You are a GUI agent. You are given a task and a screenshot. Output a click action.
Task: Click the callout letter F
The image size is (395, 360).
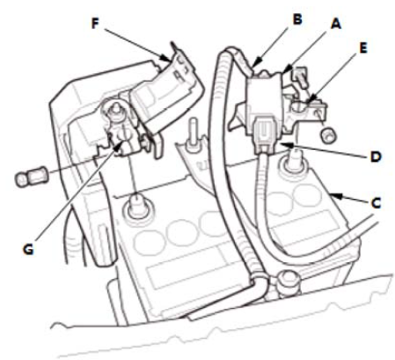[x=94, y=24]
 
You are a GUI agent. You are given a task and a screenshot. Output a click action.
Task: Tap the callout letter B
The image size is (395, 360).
[x=297, y=19]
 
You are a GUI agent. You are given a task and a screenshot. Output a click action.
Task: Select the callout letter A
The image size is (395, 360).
[x=336, y=23]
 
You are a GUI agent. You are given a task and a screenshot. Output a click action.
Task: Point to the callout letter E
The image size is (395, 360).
[x=363, y=48]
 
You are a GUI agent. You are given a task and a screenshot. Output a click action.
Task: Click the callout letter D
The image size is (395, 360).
[x=376, y=157]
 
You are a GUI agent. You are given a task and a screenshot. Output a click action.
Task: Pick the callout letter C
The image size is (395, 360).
[x=376, y=202]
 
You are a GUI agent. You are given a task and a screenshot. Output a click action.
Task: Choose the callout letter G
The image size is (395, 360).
[x=28, y=249]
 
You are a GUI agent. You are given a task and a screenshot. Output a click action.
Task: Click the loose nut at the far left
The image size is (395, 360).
[x=29, y=176]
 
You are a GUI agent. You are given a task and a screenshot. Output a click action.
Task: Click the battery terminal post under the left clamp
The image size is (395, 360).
[x=137, y=207]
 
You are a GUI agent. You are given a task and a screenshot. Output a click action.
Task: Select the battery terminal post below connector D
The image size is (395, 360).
[x=293, y=162]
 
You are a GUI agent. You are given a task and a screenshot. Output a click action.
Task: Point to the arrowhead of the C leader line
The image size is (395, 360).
[x=333, y=195]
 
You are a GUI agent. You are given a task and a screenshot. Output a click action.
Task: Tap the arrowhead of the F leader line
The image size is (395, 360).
[x=166, y=59]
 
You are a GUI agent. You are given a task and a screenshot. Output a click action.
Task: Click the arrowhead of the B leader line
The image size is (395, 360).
[x=255, y=63]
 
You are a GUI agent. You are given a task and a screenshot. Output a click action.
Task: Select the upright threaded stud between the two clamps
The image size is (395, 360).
[x=193, y=136]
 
